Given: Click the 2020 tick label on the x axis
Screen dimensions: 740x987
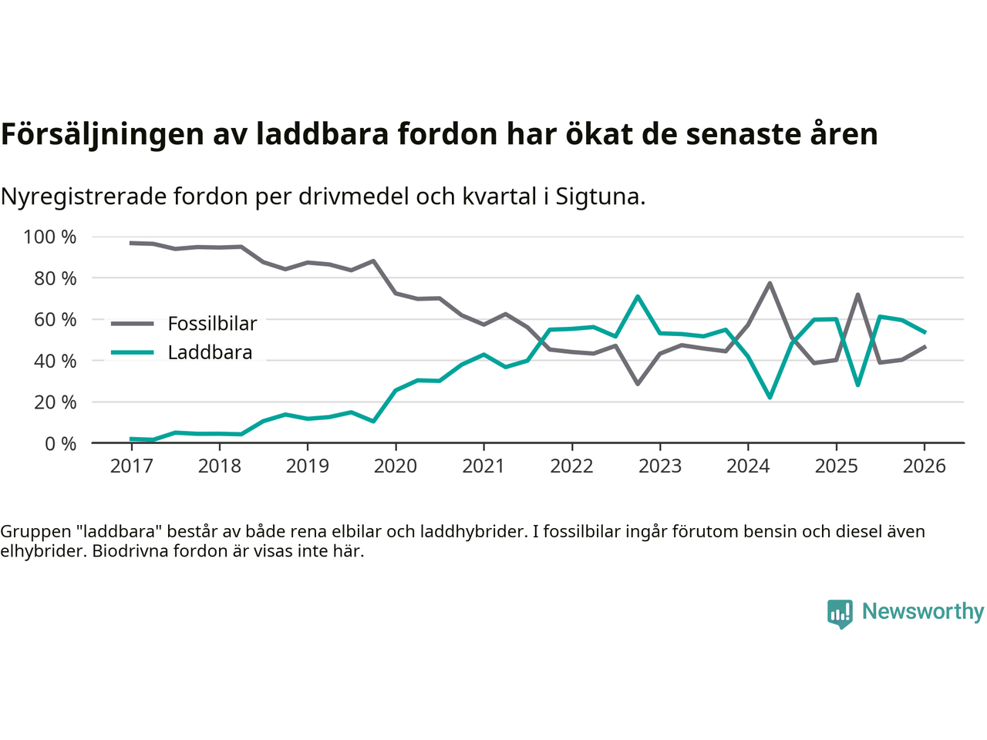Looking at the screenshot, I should coord(395,466).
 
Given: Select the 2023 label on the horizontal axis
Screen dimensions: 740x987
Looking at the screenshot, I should coord(659,466).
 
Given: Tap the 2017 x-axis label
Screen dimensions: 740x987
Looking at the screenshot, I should coord(131,466).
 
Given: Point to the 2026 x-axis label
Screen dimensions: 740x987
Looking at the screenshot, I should coord(924,466).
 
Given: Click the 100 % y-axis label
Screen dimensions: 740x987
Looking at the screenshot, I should coord(50,237).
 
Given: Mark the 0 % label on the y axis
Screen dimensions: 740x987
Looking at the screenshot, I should coord(60,443).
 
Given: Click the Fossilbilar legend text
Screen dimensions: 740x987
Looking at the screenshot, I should coord(212,324).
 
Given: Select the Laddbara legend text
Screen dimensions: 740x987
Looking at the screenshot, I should coord(210,352).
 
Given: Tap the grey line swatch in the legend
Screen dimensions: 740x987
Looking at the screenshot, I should coord(133,324).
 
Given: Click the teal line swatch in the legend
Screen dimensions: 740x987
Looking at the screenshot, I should coord(133,352).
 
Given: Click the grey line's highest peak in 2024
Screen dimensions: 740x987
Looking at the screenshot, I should coord(770,283).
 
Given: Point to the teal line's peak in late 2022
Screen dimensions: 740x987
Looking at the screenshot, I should coord(638,296).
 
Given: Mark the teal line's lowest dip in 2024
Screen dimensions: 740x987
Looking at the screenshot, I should coord(770,397).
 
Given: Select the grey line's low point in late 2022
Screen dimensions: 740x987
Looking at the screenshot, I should coord(638,383).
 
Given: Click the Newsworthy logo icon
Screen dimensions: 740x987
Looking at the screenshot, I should coord(840,614).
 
